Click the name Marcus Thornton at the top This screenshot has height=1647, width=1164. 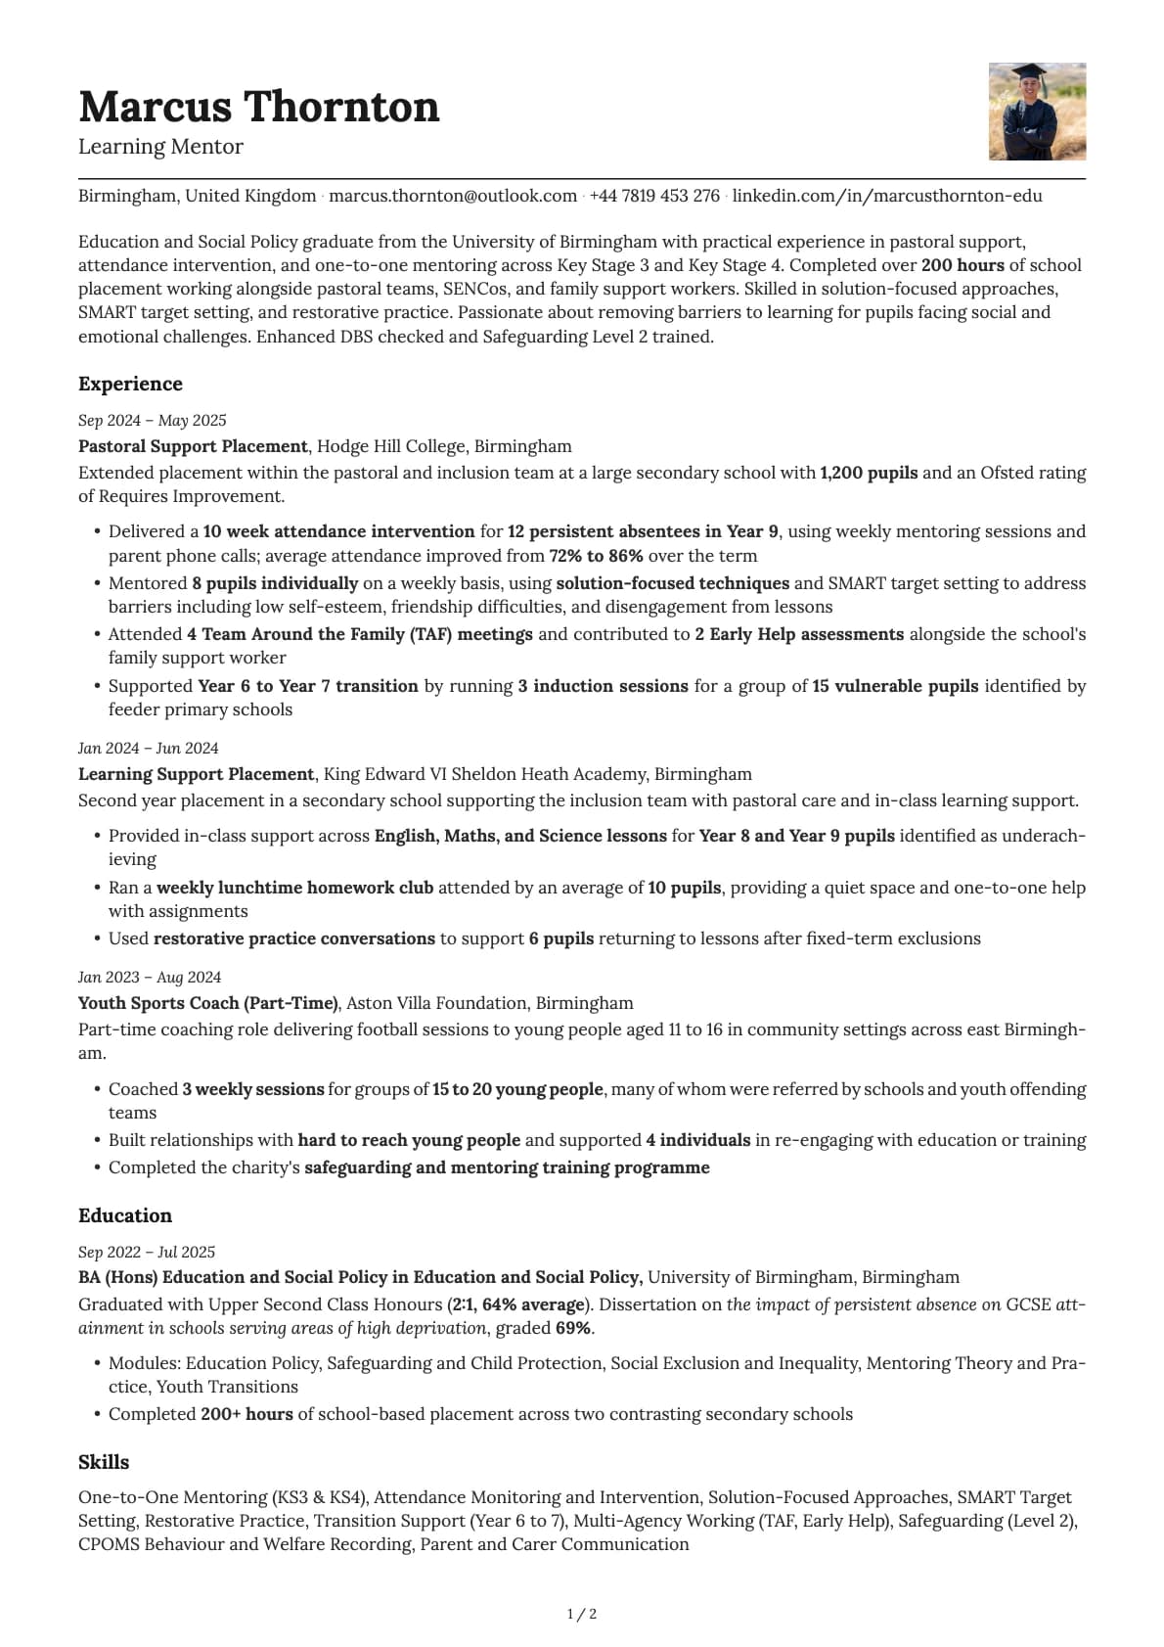coord(258,107)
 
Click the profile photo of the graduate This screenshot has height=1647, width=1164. coord(1037,112)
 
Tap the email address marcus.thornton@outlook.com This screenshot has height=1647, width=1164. coord(453,196)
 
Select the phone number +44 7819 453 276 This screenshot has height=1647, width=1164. coord(654,196)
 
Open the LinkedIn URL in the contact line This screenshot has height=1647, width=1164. coord(887,196)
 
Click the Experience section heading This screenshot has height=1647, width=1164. coord(130,384)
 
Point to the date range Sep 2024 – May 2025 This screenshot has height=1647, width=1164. coord(152,421)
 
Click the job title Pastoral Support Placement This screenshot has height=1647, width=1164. coord(193,446)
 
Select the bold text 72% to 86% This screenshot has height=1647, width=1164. coord(596,556)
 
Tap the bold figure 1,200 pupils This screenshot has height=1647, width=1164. coord(869,473)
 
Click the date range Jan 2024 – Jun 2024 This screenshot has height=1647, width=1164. coord(148,749)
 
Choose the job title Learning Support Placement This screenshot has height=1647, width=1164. coord(196,774)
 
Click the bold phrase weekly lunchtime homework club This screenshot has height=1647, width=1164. coord(294,888)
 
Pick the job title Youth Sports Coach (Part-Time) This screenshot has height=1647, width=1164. coord(207,1003)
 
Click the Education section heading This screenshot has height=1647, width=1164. coord(124,1215)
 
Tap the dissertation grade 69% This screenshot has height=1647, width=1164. coord(572,1328)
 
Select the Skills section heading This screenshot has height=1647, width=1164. coord(104,1462)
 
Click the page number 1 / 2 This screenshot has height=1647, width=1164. coord(582,1614)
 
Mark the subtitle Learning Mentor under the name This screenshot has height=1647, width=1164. coord(160,147)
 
